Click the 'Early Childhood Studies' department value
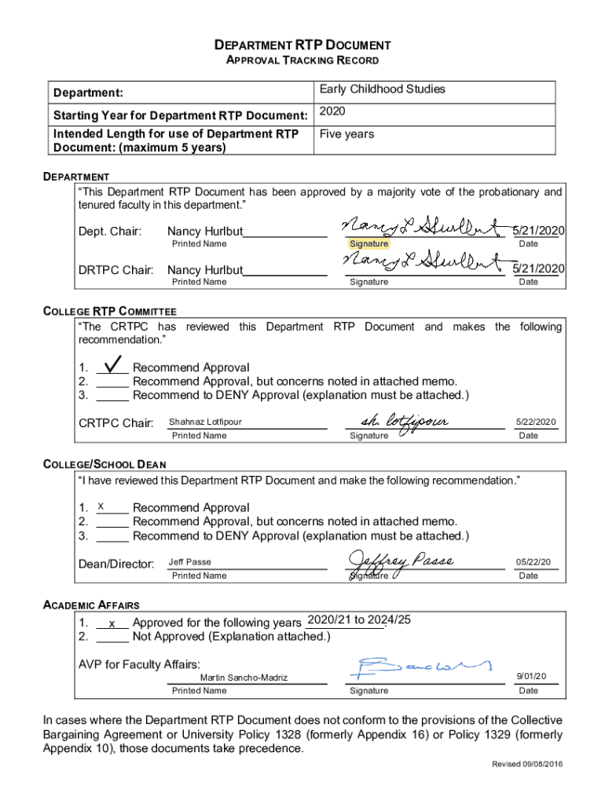click(382, 90)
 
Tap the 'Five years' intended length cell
click(346, 134)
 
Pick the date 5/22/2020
click(536, 422)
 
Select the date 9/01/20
click(531, 676)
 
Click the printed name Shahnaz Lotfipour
click(205, 422)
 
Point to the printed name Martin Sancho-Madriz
click(244, 678)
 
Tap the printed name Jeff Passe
click(189, 562)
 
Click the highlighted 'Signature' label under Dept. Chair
click(368, 244)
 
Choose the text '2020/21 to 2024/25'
click(359, 619)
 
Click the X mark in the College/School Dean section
click(101, 507)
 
